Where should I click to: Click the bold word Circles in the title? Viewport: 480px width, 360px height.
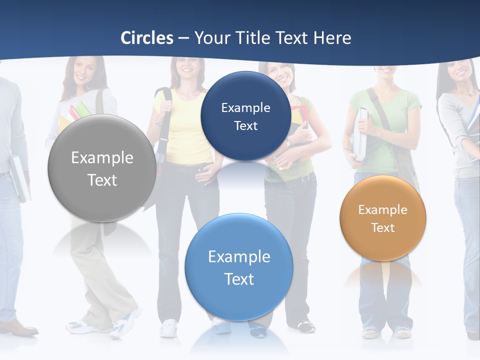pos(147,38)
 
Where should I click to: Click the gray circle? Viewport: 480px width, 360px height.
pos(102,168)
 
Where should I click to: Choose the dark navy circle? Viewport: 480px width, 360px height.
pos(245,116)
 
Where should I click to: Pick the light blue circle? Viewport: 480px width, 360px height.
pos(239,267)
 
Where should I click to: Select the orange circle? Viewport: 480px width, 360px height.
pos(382,218)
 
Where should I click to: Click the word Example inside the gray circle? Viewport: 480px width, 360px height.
pos(102,158)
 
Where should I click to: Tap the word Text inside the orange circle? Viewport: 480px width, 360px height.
pos(383,228)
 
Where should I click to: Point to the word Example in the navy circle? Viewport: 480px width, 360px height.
pos(245,107)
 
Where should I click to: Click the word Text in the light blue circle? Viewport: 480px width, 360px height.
pos(239,279)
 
